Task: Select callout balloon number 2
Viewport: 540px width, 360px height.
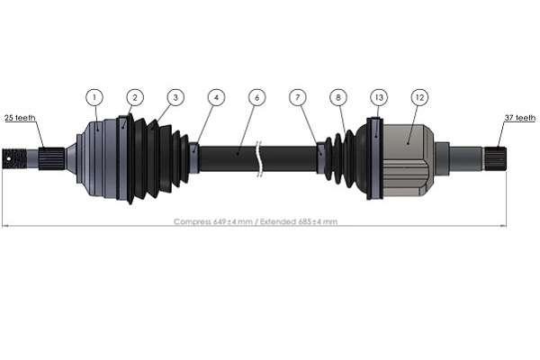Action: [134, 96]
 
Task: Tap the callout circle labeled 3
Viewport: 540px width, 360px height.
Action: [175, 96]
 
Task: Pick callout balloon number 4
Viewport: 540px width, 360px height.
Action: [215, 96]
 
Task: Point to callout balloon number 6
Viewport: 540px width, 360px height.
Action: [256, 96]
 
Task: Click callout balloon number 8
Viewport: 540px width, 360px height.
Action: [338, 96]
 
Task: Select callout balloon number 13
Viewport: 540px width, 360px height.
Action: [379, 96]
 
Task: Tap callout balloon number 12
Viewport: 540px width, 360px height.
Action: [419, 96]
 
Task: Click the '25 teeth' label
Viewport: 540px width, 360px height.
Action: [21, 118]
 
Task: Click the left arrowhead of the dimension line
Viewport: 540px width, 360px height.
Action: [6, 225]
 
